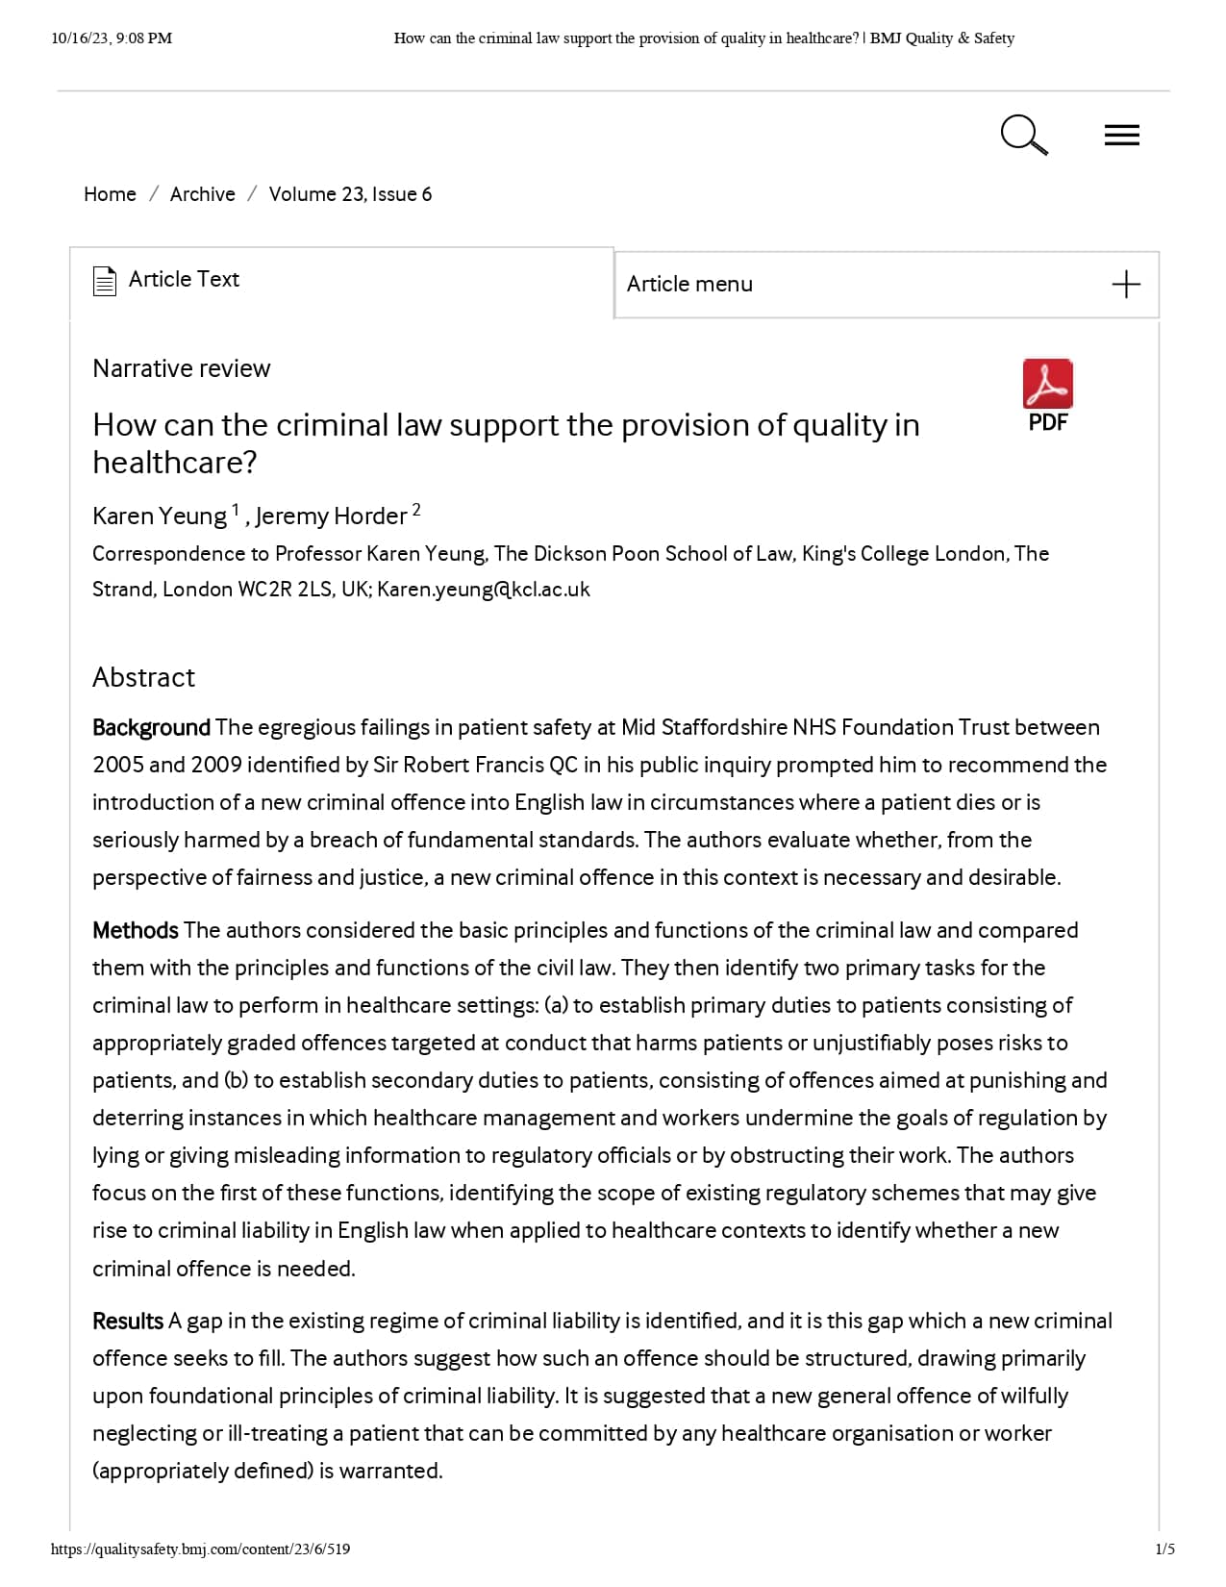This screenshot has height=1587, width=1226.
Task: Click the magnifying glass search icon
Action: (x=1022, y=135)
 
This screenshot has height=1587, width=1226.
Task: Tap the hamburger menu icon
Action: (x=1121, y=136)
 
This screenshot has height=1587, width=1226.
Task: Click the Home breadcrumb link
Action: (x=110, y=194)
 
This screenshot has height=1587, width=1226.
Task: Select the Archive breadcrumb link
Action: (x=202, y=194)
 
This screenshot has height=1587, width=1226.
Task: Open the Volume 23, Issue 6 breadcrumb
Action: (x=350, y=194)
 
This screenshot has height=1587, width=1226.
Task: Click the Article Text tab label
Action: (x=184, y=280)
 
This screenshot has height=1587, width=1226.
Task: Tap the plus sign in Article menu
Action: (x=1125, y=285)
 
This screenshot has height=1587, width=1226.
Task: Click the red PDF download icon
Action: (x=1047, y=385)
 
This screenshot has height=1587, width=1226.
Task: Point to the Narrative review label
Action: (x=181, y=368)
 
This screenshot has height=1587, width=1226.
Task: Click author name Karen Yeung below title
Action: (x=159, y=516)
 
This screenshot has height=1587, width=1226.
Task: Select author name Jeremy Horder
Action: (x=331, y=516)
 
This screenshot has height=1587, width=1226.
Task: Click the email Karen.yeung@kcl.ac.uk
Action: (x=484, y=590)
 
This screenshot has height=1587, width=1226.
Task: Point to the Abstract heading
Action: (x=143, y=678)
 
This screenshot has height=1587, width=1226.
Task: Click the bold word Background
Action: (x=151, y=728)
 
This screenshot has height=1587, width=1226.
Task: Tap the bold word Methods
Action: (x=136, y=931)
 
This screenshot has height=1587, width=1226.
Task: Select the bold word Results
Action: (x=128, y=1322)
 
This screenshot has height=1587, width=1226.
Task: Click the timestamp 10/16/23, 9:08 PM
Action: (x=112, y=38)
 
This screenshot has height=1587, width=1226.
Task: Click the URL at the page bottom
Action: (x=200, y=1549)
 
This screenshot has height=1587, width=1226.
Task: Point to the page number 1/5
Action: (x=1164, y=1549)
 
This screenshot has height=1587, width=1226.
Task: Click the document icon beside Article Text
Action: (x=105, y=281)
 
